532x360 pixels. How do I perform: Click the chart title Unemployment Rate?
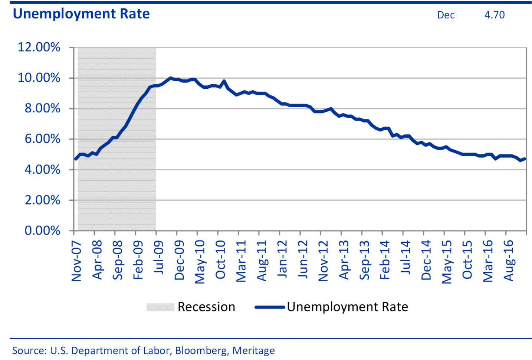point(81,14)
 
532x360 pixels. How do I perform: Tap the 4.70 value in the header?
point(494,15)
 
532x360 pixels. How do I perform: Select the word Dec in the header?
point(446,15)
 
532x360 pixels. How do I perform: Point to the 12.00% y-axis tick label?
point(39,47)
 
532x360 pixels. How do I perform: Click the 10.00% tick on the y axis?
point(39,78)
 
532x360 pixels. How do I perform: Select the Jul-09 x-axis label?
point(158,257)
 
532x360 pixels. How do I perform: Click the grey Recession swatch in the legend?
point(160,307)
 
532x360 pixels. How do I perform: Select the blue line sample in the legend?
point(270,307)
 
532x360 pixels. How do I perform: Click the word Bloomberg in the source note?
point(201,350)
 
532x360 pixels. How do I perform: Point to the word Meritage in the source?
point(253,350)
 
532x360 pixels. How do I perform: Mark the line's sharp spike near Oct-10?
point(224,81)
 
